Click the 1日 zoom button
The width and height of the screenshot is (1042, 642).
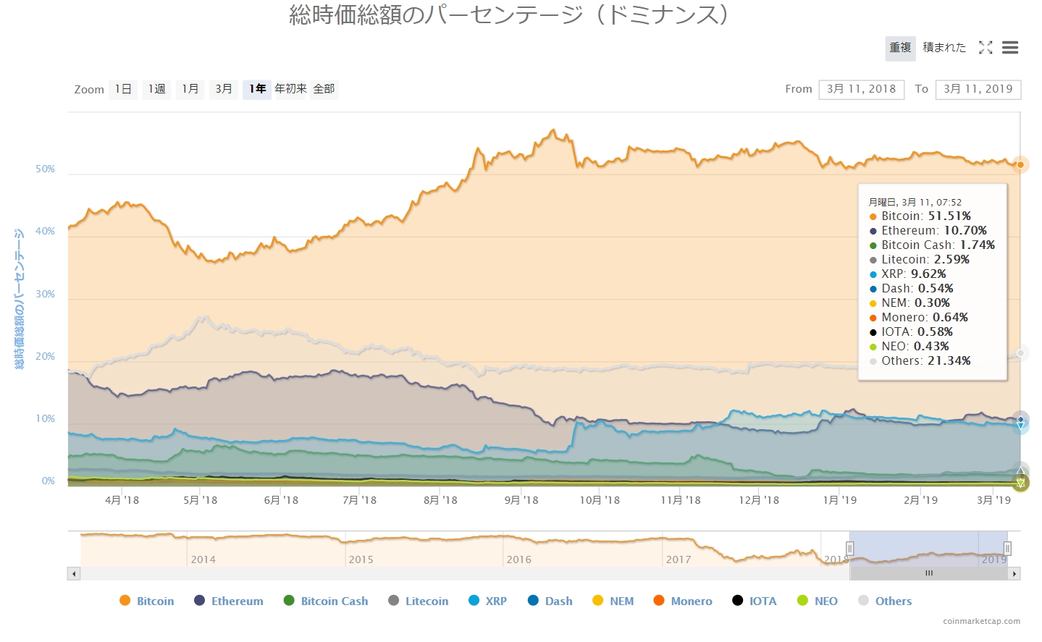point(123,89)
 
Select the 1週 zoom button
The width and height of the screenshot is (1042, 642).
point(156,89)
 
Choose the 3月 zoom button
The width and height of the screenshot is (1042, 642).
point(224,89)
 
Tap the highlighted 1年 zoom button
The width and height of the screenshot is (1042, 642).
point(257,89)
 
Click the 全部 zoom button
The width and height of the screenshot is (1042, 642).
point(324,89)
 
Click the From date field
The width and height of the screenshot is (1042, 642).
point(861,89)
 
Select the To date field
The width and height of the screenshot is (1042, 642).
point(978,89)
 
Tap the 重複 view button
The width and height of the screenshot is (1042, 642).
point(900,48)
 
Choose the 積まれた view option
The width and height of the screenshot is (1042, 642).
point(944,48)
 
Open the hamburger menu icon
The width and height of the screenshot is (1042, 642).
point(1010,48)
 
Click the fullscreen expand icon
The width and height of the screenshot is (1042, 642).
point(986,48)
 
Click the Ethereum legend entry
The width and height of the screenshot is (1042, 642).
point(229,601)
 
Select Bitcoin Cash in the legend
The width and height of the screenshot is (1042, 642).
point(326,601)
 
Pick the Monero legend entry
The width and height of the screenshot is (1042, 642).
point(683,601)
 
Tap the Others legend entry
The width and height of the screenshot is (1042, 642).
point(885,601)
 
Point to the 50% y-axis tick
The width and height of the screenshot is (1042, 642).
point(46,169)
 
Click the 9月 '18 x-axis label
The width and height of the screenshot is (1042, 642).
point(521,500)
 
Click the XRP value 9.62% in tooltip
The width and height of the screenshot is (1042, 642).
point(928,274)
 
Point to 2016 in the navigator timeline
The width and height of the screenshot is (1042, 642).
point(518,559)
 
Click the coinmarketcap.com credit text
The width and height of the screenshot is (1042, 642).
point(981,621)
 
